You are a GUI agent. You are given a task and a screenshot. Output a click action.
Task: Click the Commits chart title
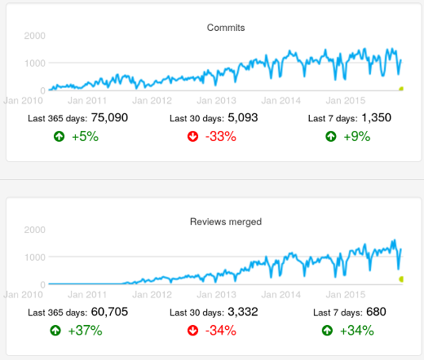[226, 28]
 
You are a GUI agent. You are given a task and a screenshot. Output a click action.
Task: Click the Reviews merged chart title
[226, 221]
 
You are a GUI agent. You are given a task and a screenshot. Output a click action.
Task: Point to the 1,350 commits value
[376, 117]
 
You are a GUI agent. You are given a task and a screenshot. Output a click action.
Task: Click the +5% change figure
[85, 137]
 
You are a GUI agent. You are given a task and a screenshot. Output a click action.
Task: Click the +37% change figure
[85, 330]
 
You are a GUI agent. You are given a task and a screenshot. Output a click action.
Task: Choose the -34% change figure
[221, 330]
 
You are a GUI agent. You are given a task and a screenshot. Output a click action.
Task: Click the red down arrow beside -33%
[192, 137]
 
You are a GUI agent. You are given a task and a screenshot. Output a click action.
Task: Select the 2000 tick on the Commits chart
[34, 36]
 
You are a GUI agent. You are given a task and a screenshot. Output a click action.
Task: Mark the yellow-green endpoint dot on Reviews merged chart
[401, 279]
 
